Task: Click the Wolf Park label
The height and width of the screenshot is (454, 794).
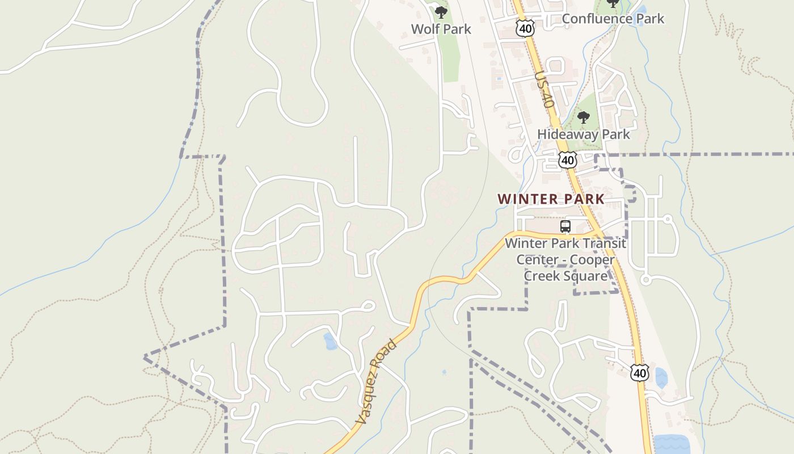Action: pos(441,29)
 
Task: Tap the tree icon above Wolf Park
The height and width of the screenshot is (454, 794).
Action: pos(441,11)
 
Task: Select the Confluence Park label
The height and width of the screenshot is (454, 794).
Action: pos(613,19)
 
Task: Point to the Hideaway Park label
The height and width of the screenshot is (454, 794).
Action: pos(584,134)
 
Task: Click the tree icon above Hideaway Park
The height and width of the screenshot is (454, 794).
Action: pos(583,118)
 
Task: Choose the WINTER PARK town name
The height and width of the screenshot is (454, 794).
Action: pos(551,199)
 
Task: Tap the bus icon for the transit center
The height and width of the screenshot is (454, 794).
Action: pos(565,226)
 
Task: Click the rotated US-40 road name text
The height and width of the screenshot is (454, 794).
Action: pos(544,90)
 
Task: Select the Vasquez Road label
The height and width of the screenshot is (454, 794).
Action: pos(375,381)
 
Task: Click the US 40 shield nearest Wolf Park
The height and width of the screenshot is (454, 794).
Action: pos(525,28)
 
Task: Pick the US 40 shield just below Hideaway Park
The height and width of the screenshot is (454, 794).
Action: pos(567,160)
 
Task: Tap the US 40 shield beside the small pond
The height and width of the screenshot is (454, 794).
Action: pos(640,373)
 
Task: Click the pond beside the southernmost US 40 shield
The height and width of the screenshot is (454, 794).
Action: pos(661,377)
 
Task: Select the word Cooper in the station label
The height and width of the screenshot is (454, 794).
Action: pos(592,260)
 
